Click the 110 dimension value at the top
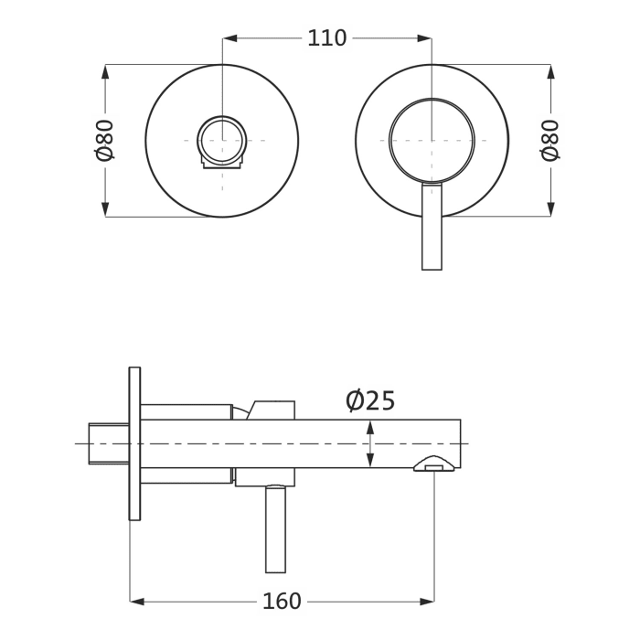pyautogui.click(x=326, y=38)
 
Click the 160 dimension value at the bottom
pyautogui.click(x=282, y=602)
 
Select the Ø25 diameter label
pyautogui.click(x=370, y=401)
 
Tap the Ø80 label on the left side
pyautogui.click(x=105, y=140)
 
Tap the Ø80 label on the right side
pyautogui.click(x=550, y=140)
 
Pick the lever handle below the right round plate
pyautogui.click(x=432, y=227)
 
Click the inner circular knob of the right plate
pyautogui.click(x=432, y=140)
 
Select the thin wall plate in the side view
pyautogui.click(x=134, y=443)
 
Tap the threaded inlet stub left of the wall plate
pyautogui.click(x=108, y=443)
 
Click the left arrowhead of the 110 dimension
pyautogui.click(x=229, y=38)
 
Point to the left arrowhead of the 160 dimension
pyautogui.click(x=137, y=602)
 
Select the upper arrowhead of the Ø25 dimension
pyautogui.click(x=369, y=427)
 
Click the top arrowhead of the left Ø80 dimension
pyautogui.click(x=105, y=70)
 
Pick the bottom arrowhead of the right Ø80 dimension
pyautogui.click(x=550, y=209)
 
